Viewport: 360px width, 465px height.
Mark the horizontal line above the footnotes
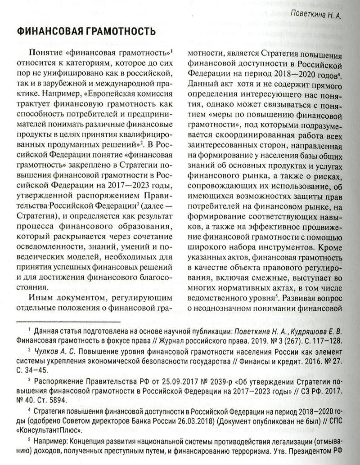click(x=67, y=322)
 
